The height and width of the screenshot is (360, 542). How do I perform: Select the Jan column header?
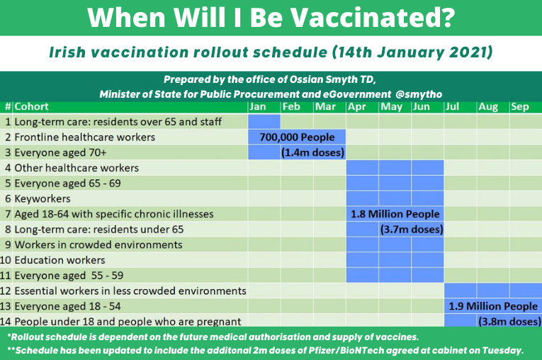click(x=259, y=107)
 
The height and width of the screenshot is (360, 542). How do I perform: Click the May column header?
click(x=391, y=107)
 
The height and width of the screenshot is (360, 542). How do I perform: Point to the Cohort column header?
click(x=32, y=107)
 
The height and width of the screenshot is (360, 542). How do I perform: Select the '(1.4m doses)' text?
click(x=312, y=152)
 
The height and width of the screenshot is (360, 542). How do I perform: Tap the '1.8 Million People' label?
click(x=395, y=214)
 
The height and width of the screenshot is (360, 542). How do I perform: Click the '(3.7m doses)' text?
click(x=412, y=230)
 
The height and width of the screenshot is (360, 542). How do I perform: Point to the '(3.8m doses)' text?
click(x=509, y=321)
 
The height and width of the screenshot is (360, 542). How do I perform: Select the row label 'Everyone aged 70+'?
click(x=60, y=152)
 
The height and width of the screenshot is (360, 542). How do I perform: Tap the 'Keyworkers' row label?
click(x=42, y=199)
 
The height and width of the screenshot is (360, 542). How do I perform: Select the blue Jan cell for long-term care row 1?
click(x=264, y=122)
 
